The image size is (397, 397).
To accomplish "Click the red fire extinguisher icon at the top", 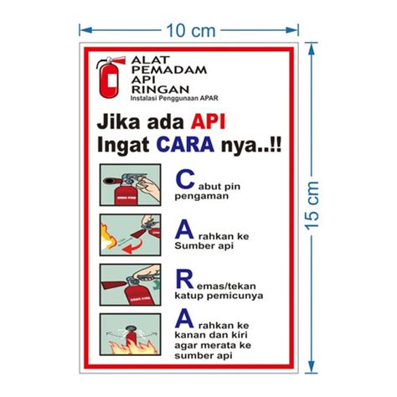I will pos(107,77).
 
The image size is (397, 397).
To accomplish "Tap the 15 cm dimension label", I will pos(312,205).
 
